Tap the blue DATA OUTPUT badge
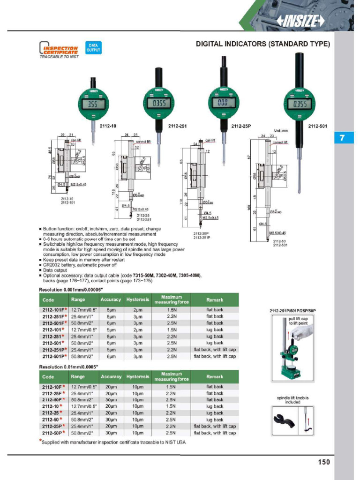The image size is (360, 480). tap(93, 48)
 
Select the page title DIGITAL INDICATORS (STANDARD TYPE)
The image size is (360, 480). tap(262, 44)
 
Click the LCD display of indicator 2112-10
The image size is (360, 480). tap(93, 105)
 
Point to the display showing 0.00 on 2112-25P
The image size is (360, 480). tap(223, 103)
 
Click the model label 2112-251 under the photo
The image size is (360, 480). tap(178, 126)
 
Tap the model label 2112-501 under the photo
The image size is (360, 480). tap(317, 126)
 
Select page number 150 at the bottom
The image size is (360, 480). tap(323, 462)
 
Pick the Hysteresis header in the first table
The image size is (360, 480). tap(137, 300)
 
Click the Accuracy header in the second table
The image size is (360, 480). tap(111, 376)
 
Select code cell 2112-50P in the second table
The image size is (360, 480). tap(54, 433)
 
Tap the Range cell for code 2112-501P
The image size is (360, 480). tap(81, 356)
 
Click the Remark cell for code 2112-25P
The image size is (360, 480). tap(215, 427)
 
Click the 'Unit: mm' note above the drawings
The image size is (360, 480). tap(282, 131)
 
